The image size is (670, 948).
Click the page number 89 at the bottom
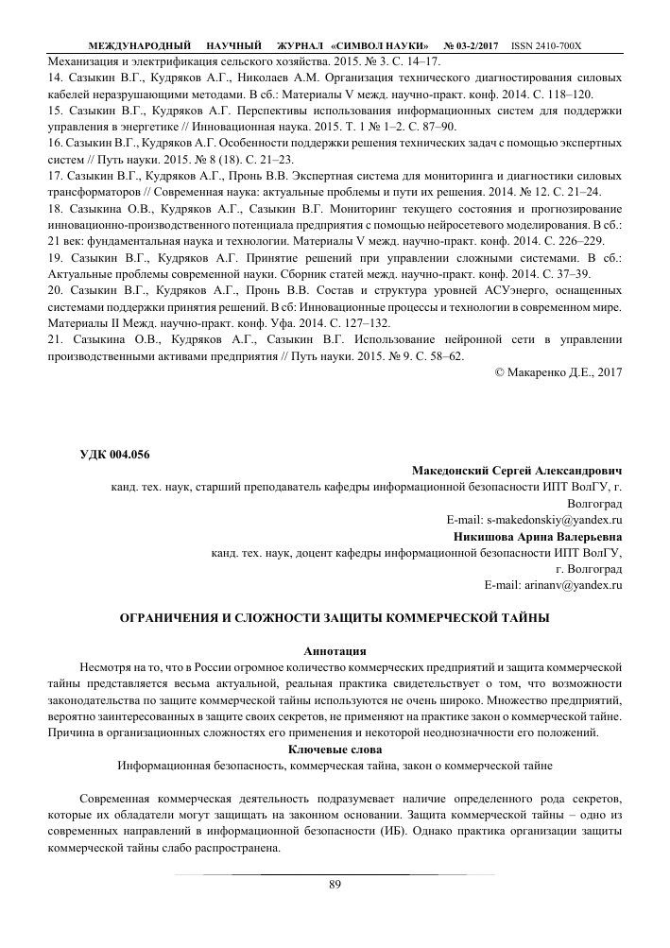(x=334, y=885)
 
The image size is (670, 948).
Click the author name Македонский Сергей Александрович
(x=518, y=471)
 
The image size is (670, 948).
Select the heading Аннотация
(x=334, y=651)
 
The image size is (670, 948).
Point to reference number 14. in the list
(x=55, y=77)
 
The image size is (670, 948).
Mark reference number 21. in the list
(x=55, y=338)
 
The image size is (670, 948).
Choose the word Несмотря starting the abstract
(x=109, y=667)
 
